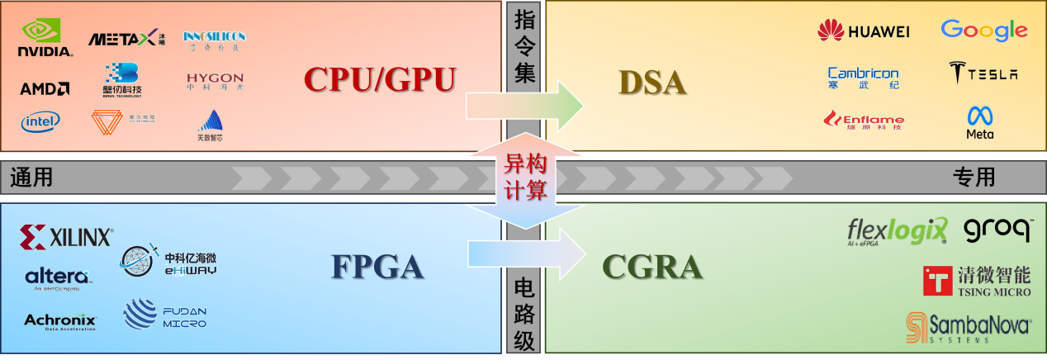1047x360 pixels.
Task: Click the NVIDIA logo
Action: coord(45,38)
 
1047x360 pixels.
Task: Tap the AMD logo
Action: coord(45,88)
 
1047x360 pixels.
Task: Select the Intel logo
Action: coord(40,121)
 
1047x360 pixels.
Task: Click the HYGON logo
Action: coord(215,81)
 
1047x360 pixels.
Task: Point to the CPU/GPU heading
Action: coord(379,79)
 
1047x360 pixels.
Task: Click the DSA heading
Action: coord(652,83)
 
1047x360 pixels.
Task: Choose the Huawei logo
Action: coord(863,31)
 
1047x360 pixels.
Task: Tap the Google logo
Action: coord(983,31)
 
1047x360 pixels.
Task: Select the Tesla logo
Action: coord(983,73)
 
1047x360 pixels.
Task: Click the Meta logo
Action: coord(980,122)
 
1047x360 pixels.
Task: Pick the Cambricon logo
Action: coord(863,78)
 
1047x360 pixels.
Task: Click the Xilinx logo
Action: coord(66,238)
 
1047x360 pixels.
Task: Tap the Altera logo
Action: coord(57,277)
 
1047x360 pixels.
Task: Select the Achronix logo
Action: coord(60,321)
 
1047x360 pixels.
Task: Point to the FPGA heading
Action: coord(377,267)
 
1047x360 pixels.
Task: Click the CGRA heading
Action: coord(652,267)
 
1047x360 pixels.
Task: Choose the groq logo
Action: coord(998,230)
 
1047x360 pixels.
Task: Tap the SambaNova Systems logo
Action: coord(968,327)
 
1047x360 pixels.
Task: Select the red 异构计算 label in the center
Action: coord(524,178)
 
